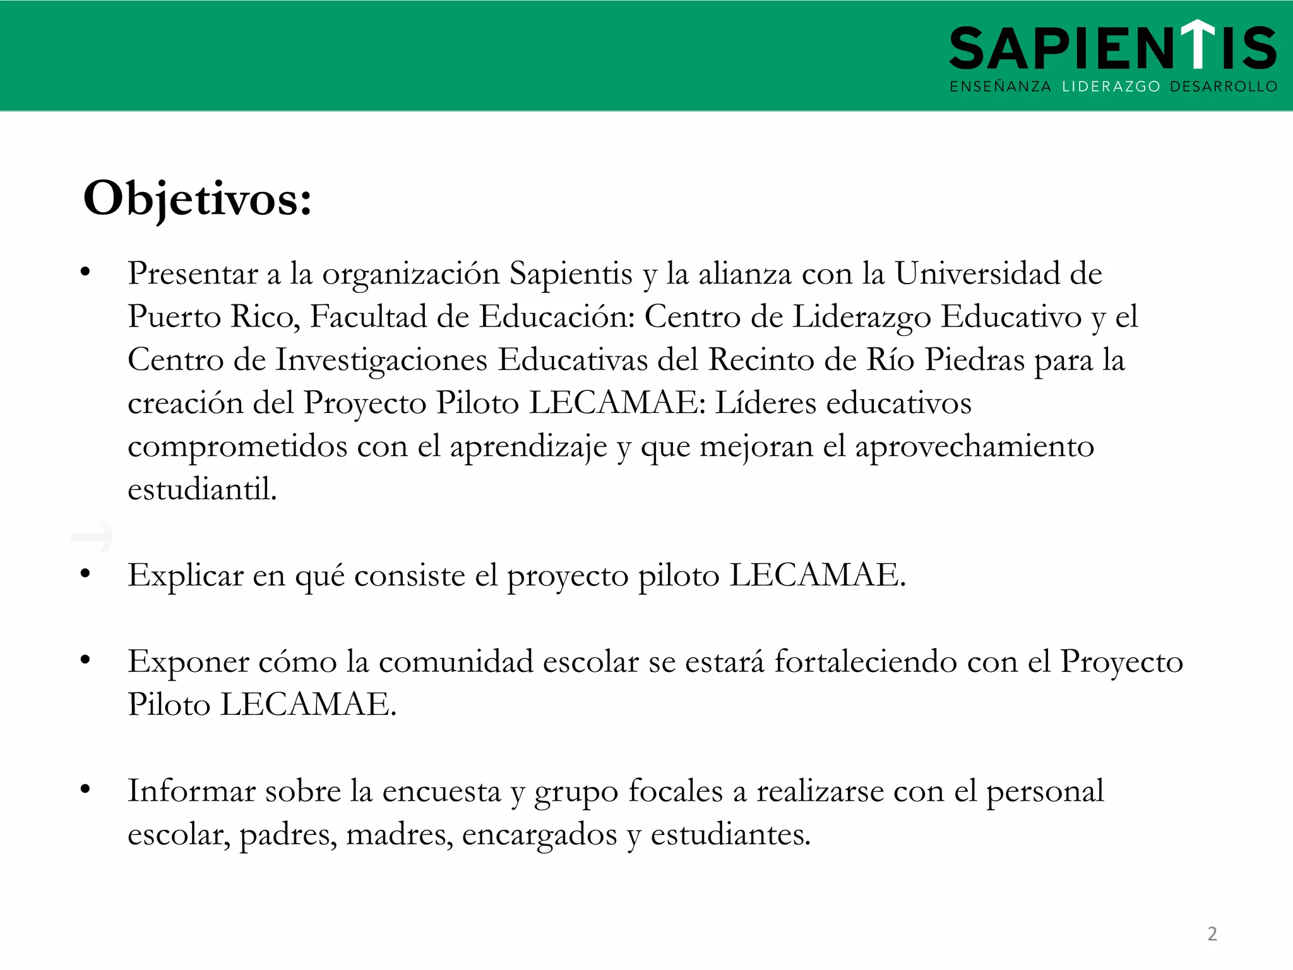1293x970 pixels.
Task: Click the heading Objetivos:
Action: coord(198,199)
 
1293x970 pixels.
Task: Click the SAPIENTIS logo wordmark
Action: coord(1112,48)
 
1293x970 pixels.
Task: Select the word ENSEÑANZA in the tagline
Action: coord(1000,87)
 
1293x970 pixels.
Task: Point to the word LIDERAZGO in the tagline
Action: coord(1111,87)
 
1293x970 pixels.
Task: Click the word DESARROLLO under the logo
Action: coord(1224,87)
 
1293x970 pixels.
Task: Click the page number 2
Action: coord(1212,933)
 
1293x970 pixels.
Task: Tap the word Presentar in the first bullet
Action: coord(193,274)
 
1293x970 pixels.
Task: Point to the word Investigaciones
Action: coord(381,360)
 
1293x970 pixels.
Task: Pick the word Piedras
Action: coord(974,360)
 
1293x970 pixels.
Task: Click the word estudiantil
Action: coord(202,489)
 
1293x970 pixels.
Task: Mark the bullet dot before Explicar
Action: coord(85,573)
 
